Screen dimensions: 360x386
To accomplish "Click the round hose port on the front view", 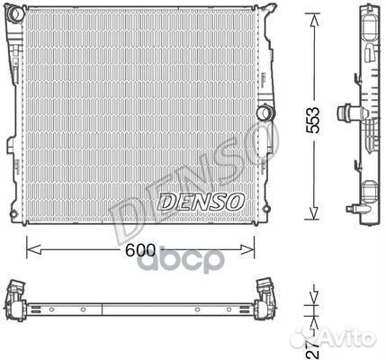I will (265, 114).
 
